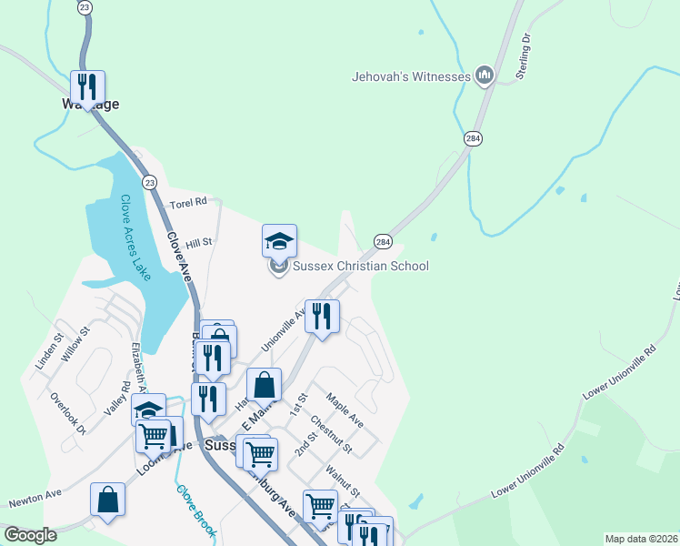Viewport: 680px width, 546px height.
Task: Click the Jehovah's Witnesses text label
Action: pos(411,76)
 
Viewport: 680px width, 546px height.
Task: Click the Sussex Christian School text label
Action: pos(360,267)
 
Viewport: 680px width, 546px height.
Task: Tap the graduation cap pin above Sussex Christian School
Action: pos(280,241)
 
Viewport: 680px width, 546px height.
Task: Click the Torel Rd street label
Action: pos(188,201)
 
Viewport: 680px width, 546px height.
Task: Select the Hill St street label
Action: pos(198,243)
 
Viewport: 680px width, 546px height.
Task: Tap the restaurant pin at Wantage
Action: pos(87,87)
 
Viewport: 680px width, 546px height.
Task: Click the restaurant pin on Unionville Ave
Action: pos(322,317)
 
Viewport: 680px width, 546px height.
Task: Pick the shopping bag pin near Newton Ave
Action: pos(107,500)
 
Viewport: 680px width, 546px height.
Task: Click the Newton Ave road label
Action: pos(35,498)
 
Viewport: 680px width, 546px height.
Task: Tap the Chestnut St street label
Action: pos(331,435)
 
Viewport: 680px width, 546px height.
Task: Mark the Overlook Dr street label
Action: pos(68,413)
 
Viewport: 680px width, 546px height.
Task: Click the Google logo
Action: pos(30,535)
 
